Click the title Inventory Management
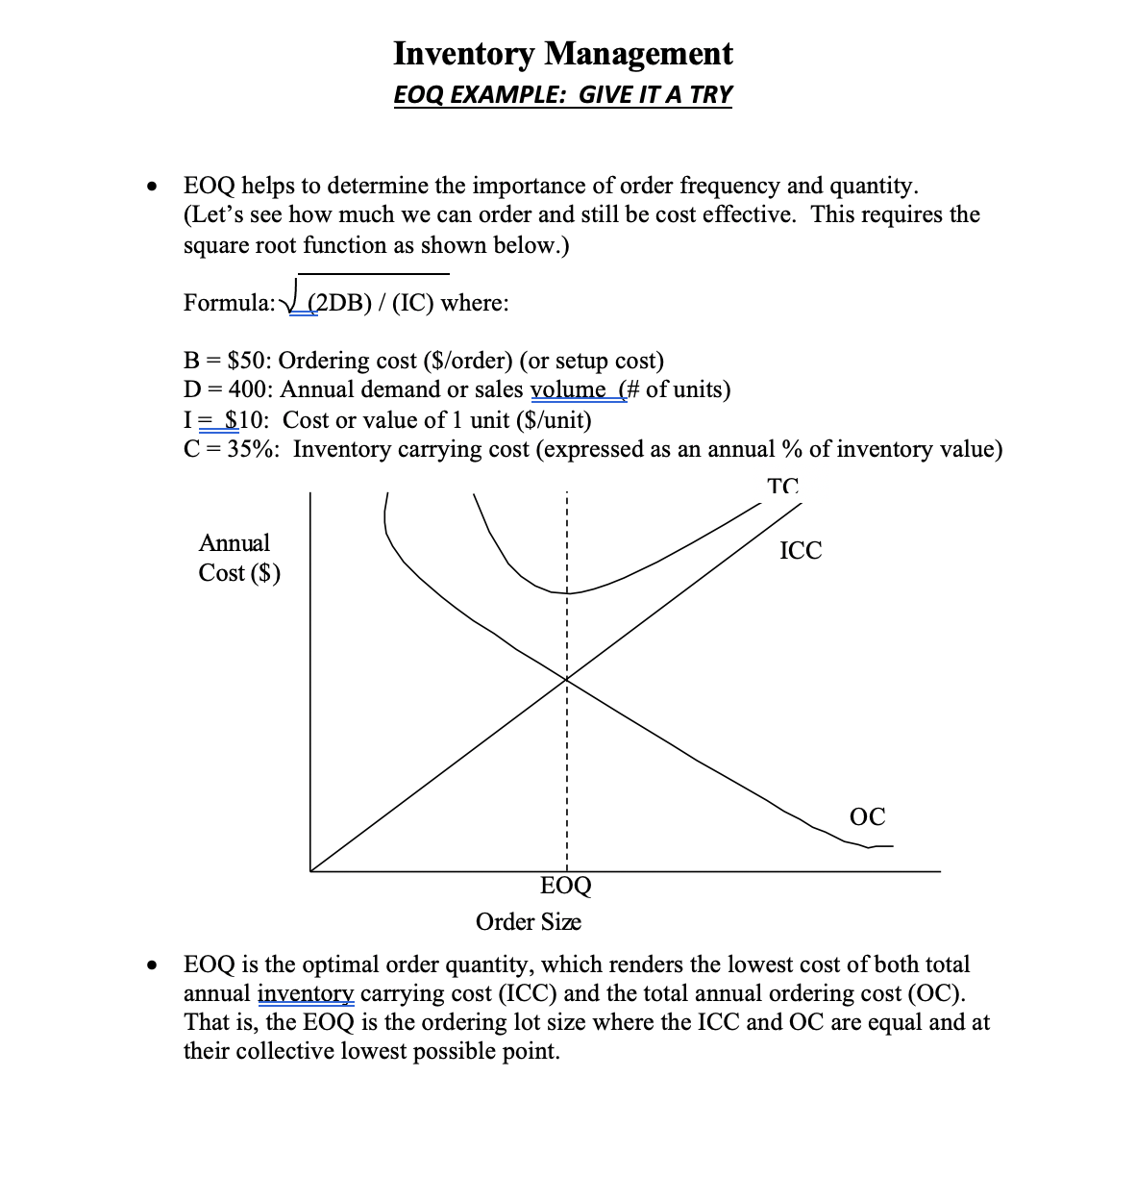click(x=562, y=54)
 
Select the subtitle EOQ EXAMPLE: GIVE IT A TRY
click(x=562, y=95)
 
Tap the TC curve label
click(x=783, y=487)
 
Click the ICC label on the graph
click(x=801, y=551)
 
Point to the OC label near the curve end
click(x=867, y=817)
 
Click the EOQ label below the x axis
click(x=566, y=886)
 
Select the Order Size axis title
click(x=528, y=922)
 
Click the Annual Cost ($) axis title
click(x=239, y=558)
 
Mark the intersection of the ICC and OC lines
click(x=567, y=680)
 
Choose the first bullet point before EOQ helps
click(x=150, y=187)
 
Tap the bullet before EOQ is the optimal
click(x=150, y=965)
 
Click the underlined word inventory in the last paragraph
click(x=306, y=993)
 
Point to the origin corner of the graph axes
click(x=310, y=871)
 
